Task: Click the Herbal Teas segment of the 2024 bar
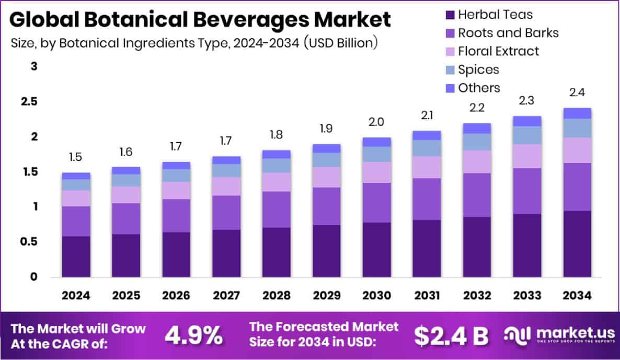(76, 256)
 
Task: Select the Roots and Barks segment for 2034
(577, 187)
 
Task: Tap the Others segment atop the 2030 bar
(377, 142)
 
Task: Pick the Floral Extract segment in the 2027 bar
(226, 186)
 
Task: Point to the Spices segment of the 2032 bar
(477, 142)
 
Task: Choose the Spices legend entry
(478, 69)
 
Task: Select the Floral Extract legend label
(498, 51)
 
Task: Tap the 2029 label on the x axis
(327, 296)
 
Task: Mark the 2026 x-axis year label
(176, 296)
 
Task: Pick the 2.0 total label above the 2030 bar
(377, 122)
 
